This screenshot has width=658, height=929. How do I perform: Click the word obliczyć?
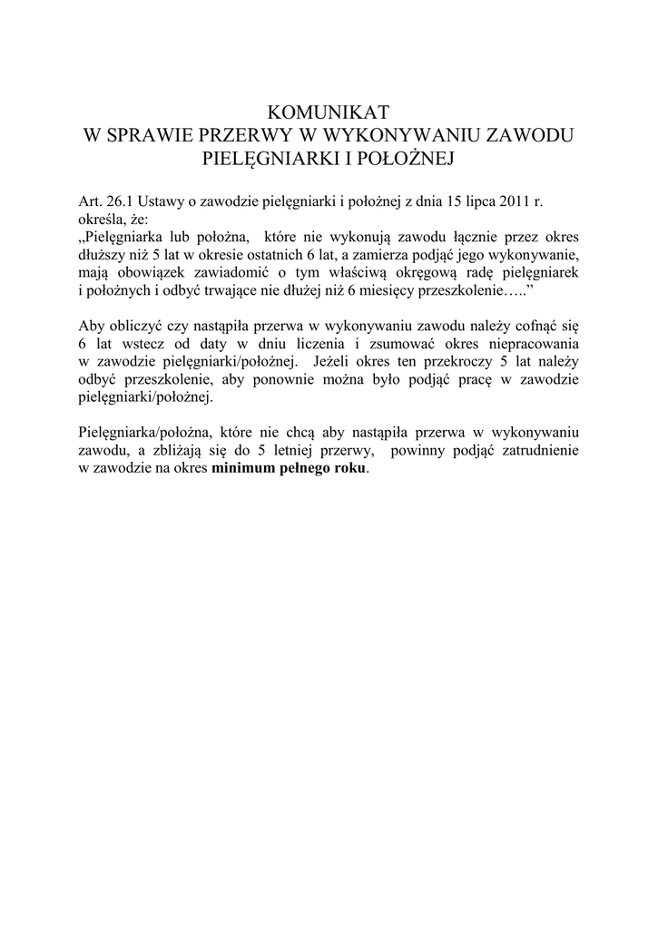[135, 328]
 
